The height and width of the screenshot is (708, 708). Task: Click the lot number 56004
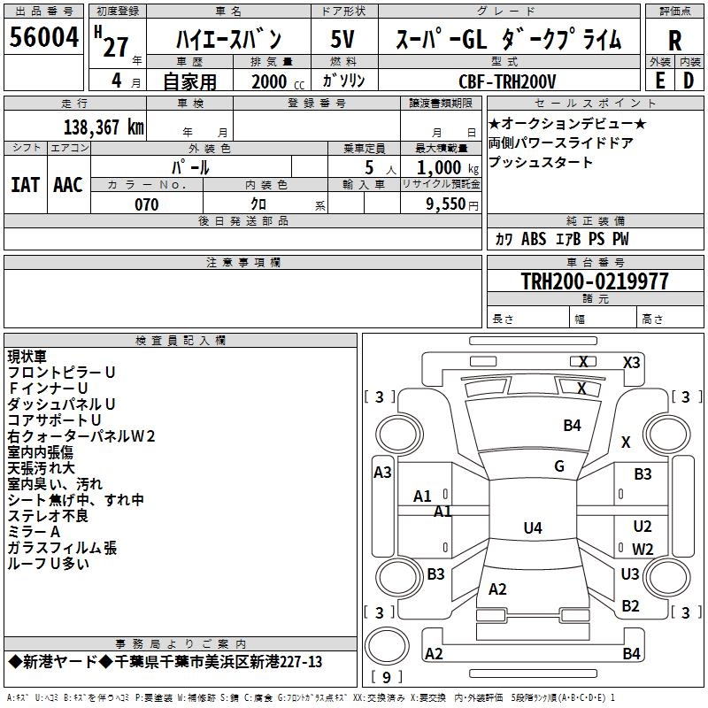click(x=43, y=37)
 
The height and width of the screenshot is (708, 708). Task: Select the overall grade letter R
click(x=674, y=41)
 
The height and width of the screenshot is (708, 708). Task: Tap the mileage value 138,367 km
click(x=104, y=127)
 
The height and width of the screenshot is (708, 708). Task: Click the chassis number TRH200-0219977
click(x=595, y=281)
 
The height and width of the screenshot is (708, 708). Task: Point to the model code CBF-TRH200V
click(x=507, y=81)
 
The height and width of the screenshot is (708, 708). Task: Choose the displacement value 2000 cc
click(x=278, y=81)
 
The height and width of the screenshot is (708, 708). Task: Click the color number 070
click(x=147, y=204)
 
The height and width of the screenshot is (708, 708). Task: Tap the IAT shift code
click(x=25, y=185)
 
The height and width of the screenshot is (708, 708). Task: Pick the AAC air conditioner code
click(x=68, y=185)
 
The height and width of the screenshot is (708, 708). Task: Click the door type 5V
click(x=342, y=39)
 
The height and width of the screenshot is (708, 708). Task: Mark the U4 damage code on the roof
click(x=533, y=527)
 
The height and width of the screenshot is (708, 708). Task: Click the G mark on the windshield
click(x=559, y=466)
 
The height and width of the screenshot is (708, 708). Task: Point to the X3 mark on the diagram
click(x=631, y=363)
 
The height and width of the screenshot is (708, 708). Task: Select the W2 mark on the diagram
click(x=643, y=549)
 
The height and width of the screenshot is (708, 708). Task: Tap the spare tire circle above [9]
click(x=387, y=646)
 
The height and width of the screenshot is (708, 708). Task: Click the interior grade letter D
click(x=689, y=81)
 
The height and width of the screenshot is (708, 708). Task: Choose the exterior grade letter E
click(x=660, y=81)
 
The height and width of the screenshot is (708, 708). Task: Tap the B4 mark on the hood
click(x=572, y=426)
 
